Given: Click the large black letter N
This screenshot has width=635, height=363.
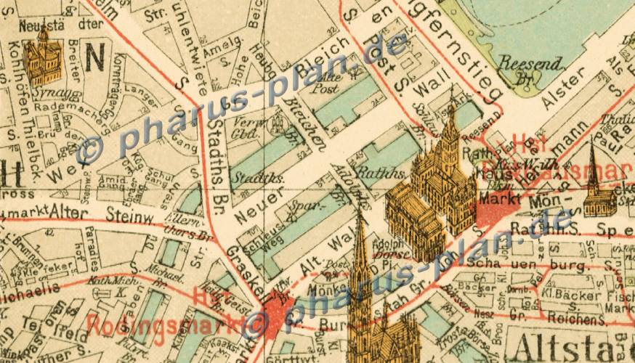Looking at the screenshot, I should click(94, 57).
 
